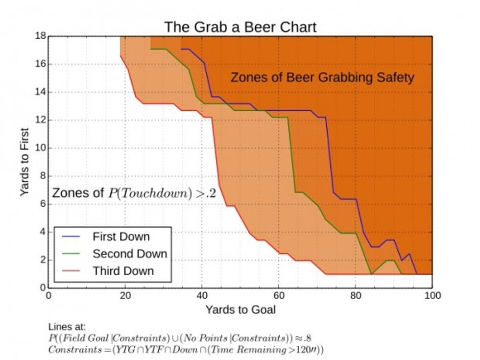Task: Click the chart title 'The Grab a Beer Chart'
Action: click(240, 26)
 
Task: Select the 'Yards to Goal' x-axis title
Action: click(240, 309)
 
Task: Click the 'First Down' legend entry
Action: click(121, 237)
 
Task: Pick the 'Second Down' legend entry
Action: click(130, 254)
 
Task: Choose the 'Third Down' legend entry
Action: click(123, 271)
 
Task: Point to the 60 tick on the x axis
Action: click(279, 295)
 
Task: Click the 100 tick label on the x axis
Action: click(432, 295)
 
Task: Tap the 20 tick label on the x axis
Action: click(125, 295)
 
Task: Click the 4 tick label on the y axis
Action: click(42, 232)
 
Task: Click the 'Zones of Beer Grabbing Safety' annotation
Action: click(322, 77)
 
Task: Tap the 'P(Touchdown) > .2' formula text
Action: click(162, 192)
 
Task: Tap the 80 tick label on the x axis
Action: click(356, 295)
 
